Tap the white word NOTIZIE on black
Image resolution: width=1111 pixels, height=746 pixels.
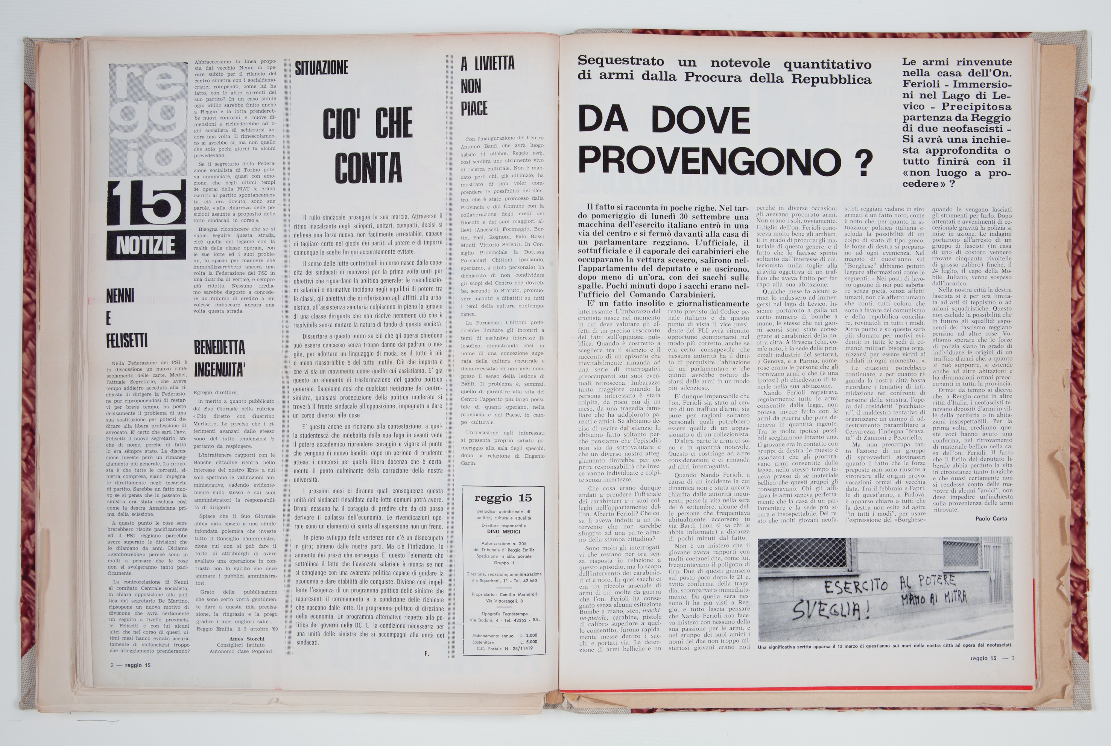[x=146, y=246]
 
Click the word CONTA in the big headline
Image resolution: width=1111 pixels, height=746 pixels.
[x=368, y=168]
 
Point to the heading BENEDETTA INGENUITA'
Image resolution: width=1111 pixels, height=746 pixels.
[x=220, y=358]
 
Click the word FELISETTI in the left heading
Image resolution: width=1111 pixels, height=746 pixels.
[x=127, y=340]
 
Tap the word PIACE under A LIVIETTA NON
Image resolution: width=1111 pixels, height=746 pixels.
[x=474, y=108]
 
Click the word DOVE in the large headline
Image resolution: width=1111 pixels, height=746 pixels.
[x=701, y=120]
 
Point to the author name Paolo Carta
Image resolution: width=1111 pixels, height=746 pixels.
[x=991, y=519]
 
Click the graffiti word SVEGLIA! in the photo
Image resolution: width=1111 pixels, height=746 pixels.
[x=824, y=609]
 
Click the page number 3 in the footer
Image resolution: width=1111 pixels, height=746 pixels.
[x=1013, y=658]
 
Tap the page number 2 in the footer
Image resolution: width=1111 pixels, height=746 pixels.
[x=112, y=665]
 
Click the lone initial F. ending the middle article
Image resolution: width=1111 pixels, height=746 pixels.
[x=427, y=653]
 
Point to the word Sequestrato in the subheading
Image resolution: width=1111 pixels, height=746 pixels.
[x=614, y=62]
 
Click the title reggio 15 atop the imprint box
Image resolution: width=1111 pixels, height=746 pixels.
[x=503, y=498]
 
